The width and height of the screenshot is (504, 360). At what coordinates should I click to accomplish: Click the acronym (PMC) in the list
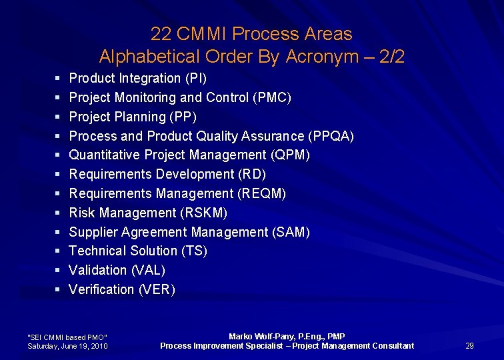point(272,98)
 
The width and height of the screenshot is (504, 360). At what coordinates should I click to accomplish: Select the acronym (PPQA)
point(331,137)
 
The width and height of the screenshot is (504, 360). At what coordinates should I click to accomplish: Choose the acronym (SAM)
point(291,233)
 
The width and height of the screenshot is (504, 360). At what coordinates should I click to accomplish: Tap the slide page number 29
point(469,345)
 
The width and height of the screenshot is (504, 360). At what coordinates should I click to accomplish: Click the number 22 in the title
point(160,34)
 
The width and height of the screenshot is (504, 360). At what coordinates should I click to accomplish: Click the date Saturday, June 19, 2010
point(67,346)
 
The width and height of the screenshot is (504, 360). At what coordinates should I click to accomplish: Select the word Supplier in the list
point(93,233)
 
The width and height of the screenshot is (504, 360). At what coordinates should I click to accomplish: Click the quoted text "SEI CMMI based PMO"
point(67,337)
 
